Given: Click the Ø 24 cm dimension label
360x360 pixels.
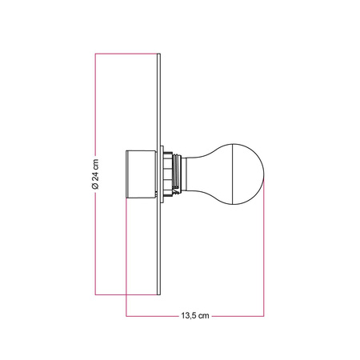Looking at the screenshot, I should pyautogui.click(x=95, y=174).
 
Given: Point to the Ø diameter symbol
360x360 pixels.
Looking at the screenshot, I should pyautogui.click(x=95, y=186).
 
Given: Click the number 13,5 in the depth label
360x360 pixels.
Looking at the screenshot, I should pyautogui.click(x=187, y=316).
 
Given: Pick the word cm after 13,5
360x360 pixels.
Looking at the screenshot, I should pyautogui.click(x=204, y=316).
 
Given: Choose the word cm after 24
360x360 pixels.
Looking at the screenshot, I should pyautogui.click(x=95, y=163).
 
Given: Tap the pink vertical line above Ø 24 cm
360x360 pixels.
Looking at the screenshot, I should pyautogui.click(x=95, y=104).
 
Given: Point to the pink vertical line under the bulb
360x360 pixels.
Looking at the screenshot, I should pyautogui.click(x=265, y=256).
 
